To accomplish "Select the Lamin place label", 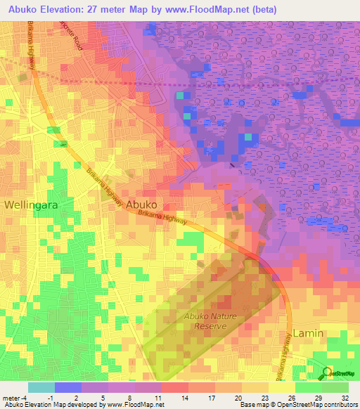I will [x=308, y=332].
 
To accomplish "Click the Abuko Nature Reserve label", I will [x=207, y=321].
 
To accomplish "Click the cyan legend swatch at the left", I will [x=41, y=387].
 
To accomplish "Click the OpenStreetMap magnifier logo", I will [x=326, y=373].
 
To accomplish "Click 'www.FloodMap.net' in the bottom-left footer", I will [x=134, y=405].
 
